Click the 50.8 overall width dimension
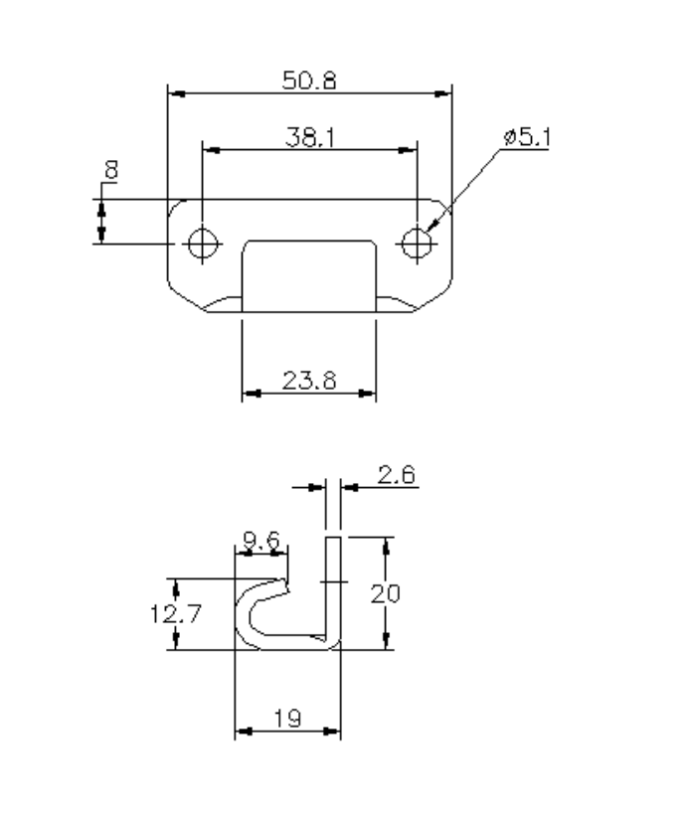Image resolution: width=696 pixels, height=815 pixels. pyautogui.click(x=308, y=81)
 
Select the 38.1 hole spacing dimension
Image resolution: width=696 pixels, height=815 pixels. pyautogui.click(x=308, y=137)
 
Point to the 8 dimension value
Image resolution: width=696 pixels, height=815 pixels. pyautogui.click(x=109, y=170)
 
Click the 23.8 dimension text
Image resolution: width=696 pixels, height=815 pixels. pyautogui.click(x=308, y=380)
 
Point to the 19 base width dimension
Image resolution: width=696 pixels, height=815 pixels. pyautogui.click(x=288, y=719)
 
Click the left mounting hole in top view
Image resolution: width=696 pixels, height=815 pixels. pyautogui.click(x=203, y=242)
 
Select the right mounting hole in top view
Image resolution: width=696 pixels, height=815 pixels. pyautogui.click(x=417, y=242)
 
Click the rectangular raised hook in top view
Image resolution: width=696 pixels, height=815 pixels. pyautogui.click(x=309, y=273)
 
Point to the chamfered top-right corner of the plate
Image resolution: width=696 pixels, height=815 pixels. pyautogui.click(x=443, y=207)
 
